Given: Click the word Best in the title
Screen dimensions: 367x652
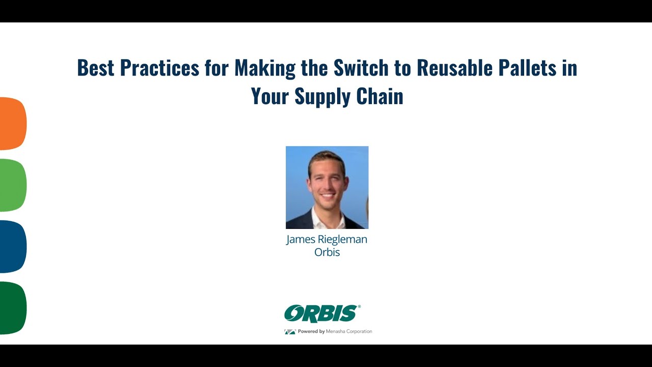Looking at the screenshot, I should tap(96, 68).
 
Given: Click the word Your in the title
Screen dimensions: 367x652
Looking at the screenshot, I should tap(270, 96).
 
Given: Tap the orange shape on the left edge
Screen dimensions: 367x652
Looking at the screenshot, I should tap(12, 123).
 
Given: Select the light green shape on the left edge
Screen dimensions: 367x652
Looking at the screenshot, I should tap(12, 185).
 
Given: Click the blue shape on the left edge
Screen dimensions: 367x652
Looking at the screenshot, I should tap(12, 246).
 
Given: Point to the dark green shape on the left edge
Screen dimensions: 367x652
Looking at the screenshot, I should tap(12, 308).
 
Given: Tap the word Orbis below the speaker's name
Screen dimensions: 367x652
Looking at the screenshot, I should tap(327, 252).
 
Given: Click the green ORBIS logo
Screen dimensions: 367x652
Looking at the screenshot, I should tap(321, 313).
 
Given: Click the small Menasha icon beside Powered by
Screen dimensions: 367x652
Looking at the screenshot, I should tap(290, 332).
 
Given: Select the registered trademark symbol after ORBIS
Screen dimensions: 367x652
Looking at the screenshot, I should tap(359, 307).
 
